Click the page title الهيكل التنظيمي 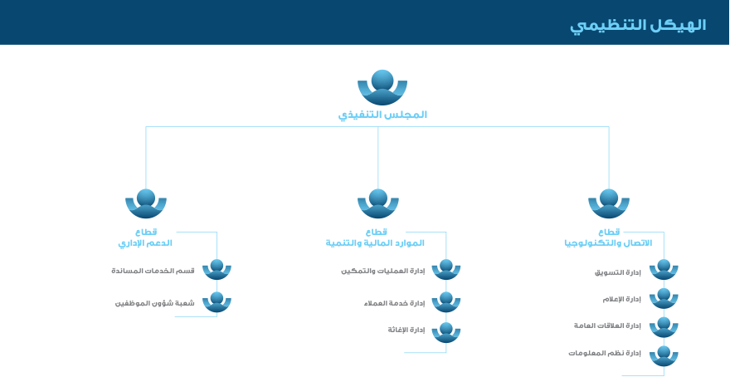pos(637,25)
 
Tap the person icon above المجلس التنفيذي pos(382,86)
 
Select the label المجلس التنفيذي pos(382,115)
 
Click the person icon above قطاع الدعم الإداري pos(146,203)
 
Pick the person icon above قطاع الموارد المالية pos(378,203)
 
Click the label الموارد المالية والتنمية pos(375,243)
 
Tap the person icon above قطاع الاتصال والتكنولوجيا pos(609,203)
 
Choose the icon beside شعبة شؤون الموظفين pos(217,301)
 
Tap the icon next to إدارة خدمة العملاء pos(446,301)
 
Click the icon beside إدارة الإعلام pos(664,297)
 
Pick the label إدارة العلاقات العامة pos(607,326)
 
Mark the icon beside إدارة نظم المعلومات pos(664,355)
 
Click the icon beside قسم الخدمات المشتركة pos(217,269)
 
